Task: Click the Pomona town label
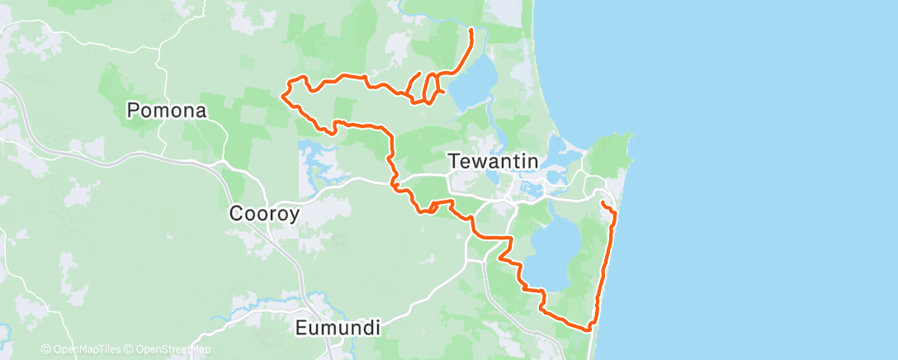pyautogui.click(x=166, y=110)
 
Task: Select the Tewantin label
pyautogui.click(x=493, y=161)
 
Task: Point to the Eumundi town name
pyautogui.click(x=338, y=328)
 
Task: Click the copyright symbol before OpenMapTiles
pyautogui.click(x=45, y=349)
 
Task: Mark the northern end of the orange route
pyautogui.click(x=470, y=31)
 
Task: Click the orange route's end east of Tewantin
pyautogui.click(x=603, y=202)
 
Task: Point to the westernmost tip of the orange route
pyautogui.click(x=283, y=96)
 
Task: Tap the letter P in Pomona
pyautogui.click(x=132, y=110)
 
